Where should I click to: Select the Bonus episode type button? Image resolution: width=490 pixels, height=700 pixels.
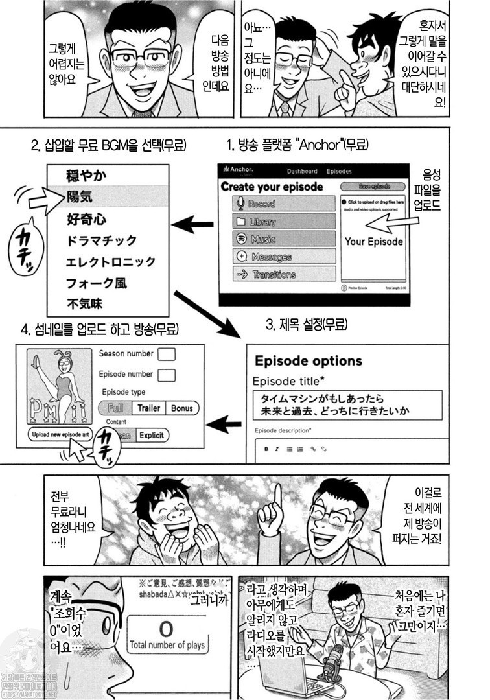point(182,408)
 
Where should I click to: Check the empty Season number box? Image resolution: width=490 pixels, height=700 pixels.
point(167,354)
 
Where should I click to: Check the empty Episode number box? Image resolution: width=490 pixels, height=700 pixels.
point(167,375)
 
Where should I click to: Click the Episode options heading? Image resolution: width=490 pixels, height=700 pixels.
point(308,361)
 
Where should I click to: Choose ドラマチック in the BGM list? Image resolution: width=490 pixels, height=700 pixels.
point(102,240)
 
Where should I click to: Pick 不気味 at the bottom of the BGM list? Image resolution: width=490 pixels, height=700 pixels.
point(85,303)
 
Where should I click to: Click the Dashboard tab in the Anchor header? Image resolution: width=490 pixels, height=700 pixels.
point(302,171)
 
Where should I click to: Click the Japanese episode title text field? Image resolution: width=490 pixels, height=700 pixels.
point(347,404)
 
